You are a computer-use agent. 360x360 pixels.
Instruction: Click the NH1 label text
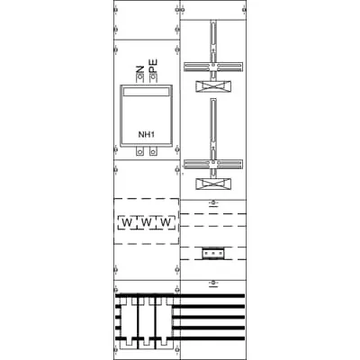[146, 135]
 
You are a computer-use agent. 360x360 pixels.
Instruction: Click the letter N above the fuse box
[139, 69]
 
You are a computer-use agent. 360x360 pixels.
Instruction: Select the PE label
[153, 66]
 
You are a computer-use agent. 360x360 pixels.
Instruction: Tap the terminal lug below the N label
[139, 78]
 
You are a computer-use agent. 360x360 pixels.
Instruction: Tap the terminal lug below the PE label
[153, 78]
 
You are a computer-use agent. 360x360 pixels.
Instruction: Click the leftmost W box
[127, 222]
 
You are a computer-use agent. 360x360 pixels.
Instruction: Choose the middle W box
[146, 222]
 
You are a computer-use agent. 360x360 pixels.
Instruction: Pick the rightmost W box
[166, 222]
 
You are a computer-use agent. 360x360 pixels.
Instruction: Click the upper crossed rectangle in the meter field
[213, 86]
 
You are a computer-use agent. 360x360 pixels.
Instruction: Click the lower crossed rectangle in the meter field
[213, 184]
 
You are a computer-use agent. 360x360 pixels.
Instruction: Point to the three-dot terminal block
[213, 254]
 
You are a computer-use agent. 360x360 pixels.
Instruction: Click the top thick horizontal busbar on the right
[212, 296]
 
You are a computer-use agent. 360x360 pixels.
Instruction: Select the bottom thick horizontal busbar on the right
[212, 338]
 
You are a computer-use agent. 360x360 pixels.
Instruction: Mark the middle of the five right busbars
[212, 317]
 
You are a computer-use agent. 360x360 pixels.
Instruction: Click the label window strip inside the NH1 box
[146, 92]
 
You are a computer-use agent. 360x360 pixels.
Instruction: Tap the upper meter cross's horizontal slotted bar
[213, 67]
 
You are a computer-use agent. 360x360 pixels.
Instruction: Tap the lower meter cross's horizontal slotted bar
[213, 164]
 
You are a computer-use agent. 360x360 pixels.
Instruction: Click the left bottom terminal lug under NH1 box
[139, 151]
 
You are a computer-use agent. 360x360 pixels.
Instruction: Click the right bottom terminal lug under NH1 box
[153, 151]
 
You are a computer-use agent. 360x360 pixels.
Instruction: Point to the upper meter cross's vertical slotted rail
[213, 42]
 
